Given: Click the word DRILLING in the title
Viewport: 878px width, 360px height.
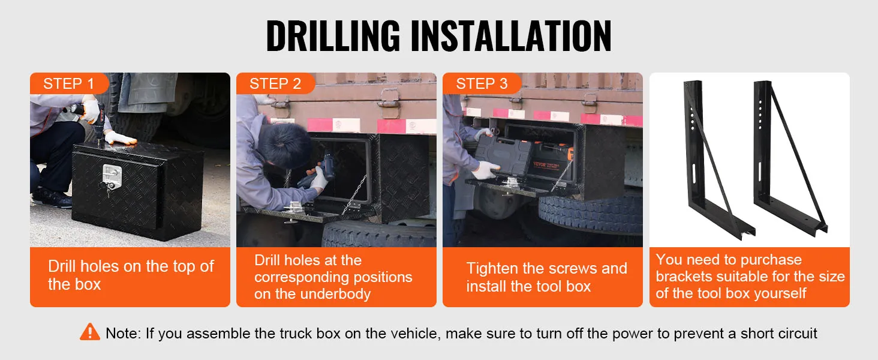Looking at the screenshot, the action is click(x=333, y=35).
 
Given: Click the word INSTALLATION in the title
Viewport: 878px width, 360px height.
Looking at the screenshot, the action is click(x=511, y=35).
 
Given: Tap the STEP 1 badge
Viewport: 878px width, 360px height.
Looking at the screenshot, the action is click(x=69, y=83).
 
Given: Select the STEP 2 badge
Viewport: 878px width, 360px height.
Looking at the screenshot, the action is click(x=275, y=83).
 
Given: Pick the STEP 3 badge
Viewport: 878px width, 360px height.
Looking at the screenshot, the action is click(x=482, y=83).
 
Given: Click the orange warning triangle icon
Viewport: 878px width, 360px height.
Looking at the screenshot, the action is click(x=90, y=332).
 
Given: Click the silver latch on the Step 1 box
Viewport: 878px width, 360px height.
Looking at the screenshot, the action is click(x=112, y=177).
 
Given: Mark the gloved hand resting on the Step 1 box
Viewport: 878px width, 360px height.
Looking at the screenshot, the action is click(x=121, y=137).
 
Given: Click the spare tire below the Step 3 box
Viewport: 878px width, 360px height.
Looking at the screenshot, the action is click(x=591, y=214).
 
